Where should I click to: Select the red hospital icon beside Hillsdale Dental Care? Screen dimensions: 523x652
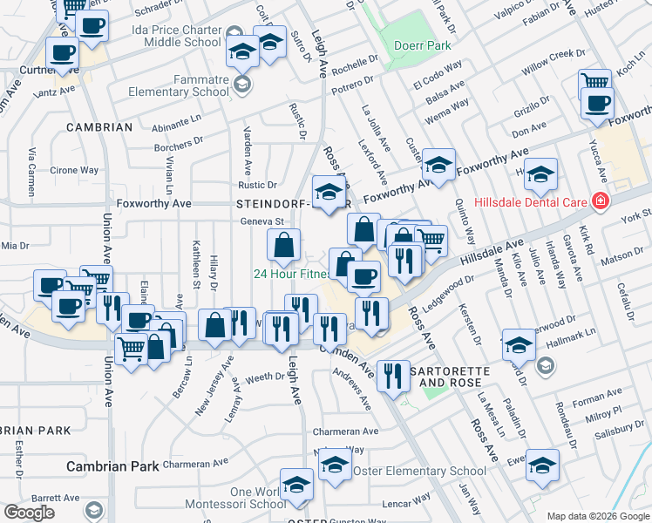tap(599, 201)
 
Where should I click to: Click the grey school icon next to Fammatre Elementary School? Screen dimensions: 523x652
tap(242, 85)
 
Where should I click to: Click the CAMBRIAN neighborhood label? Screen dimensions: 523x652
tap(99, 127)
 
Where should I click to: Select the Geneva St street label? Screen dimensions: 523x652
tap(263, 221)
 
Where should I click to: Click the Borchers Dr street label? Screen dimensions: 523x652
tap(178, 139)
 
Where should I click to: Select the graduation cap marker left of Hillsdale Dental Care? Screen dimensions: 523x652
tap(540, 175)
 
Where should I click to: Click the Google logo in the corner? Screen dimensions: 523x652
tap(29, 513)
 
